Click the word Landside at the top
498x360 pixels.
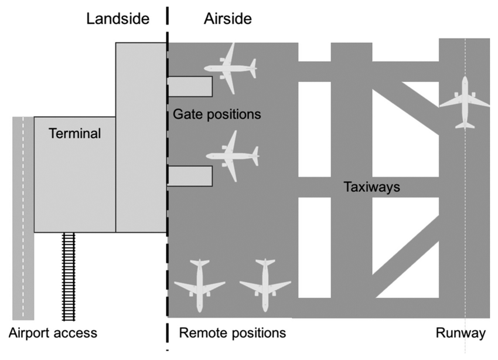coord(118,18)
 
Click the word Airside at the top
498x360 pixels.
coord(227,18)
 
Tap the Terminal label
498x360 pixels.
coord(75,134)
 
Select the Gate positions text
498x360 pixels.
coord(217,114)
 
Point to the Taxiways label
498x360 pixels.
coord(371,188)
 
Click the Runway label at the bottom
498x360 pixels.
coord(461,333)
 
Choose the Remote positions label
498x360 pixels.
coord(232,333)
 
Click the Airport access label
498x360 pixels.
coord(52,333)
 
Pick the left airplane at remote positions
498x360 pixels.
coord(200,285)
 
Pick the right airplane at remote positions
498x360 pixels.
coord(265,285)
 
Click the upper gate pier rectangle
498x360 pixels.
coord(190,86)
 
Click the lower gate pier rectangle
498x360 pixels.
coord(190,176)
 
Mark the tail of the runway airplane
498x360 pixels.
coord(465,124)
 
